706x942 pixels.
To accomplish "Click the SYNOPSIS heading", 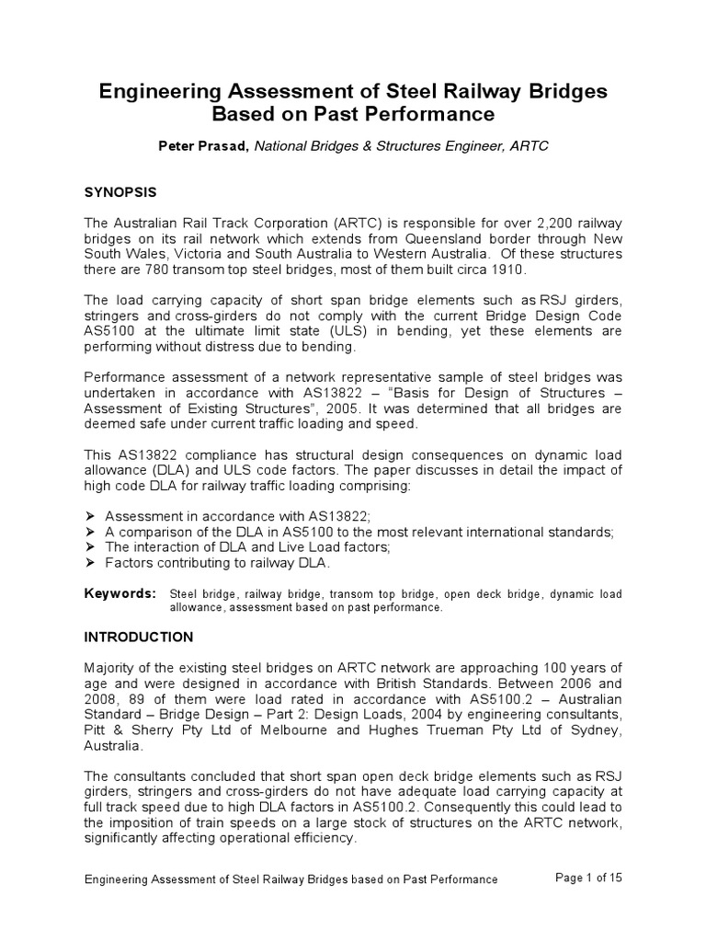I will pyautogui.click(x=120, y=192).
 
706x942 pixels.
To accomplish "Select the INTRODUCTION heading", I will pyautogui.click(x=139, y=637).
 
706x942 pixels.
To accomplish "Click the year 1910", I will pyautogui.click(x=503, y=270).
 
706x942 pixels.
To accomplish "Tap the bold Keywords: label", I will pyautogui.click(x=120, y=594).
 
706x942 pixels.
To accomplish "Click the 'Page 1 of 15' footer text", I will pyautogui.click(x=589, y=878).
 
